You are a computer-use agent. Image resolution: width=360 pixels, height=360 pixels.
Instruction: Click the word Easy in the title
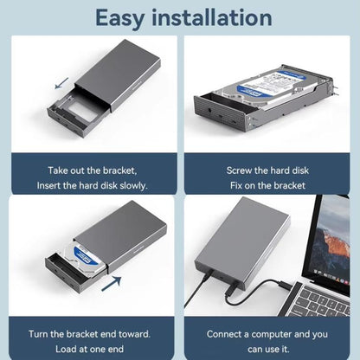[x=119, y=19]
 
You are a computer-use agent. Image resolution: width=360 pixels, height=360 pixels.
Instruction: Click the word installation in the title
[x=212, y=17]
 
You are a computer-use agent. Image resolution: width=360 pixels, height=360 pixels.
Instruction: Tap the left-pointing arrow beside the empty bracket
[x=62, y=83]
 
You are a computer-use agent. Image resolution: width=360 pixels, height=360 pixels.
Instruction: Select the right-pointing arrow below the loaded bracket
[x=112, y=284]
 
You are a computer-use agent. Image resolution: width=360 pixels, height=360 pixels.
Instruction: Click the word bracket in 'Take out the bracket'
[x=119, y=170]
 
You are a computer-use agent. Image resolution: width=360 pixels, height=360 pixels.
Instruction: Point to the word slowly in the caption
[x=133, y=185]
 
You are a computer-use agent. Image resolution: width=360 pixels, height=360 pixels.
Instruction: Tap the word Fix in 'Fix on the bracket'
[x=236, y=185]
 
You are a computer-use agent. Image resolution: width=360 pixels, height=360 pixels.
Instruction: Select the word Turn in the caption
[x=38, y=334]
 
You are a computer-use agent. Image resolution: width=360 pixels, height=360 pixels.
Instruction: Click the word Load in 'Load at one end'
[x=65, y=349]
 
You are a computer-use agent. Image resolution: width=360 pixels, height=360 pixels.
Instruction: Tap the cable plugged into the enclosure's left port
[x=196, y=291]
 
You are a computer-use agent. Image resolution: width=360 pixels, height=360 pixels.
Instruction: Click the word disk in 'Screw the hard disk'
[x=300, y=170]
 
